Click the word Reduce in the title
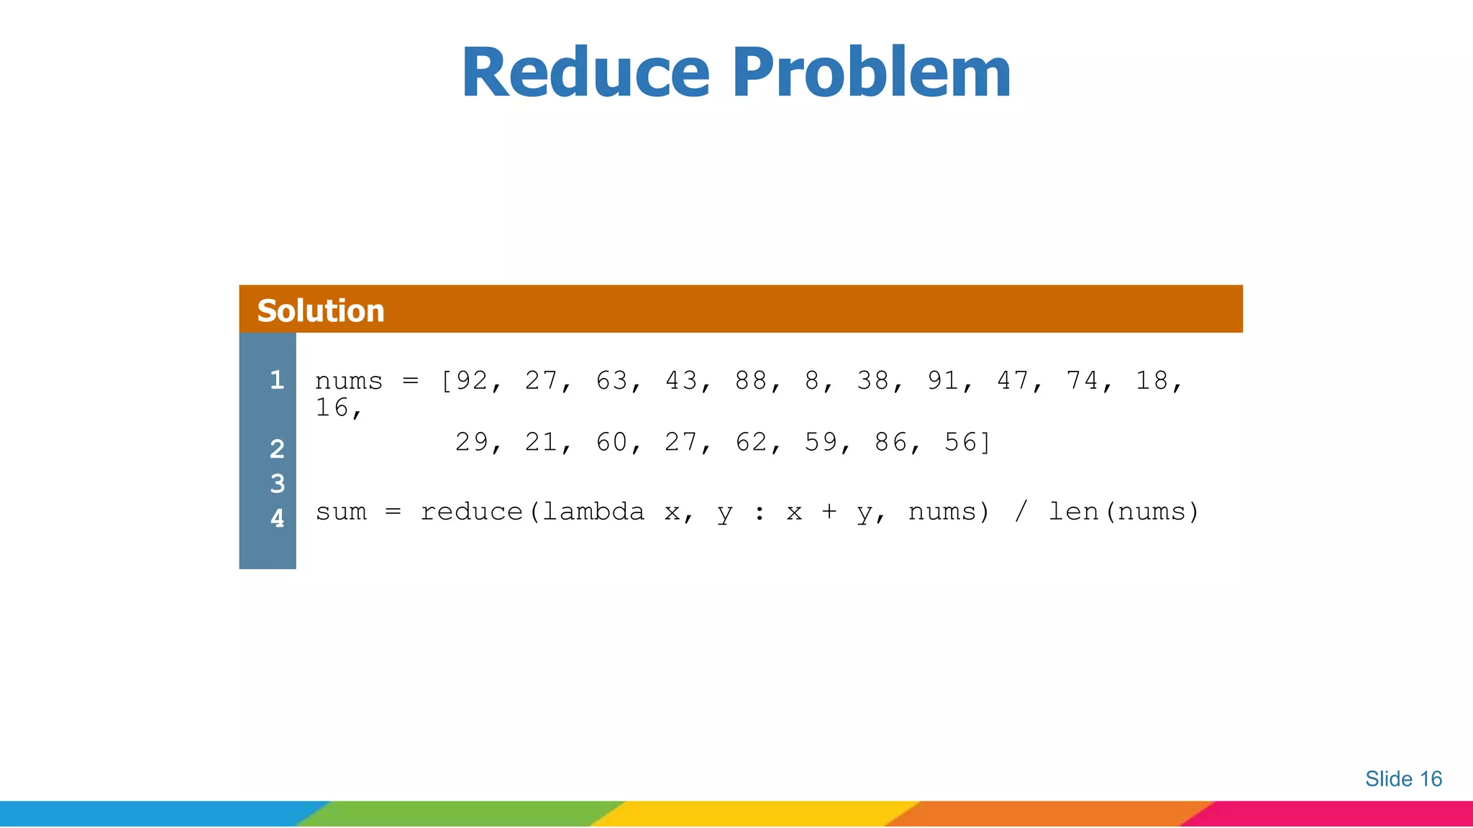(585, 73)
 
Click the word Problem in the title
(872, 73)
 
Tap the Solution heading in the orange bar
(321, 310)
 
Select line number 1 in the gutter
(277, 379)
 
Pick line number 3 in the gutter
(277, 484)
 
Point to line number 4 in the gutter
(277, 517)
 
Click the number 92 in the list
(472, 380)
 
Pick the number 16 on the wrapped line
(332, 408)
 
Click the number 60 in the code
(611, 442)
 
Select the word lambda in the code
(593, 512)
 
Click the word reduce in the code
(472, 512)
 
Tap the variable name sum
(341, 512)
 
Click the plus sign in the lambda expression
(829, 512)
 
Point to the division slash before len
(1021, 512)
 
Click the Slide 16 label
(1403, 778)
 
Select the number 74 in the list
(1082, 380)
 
